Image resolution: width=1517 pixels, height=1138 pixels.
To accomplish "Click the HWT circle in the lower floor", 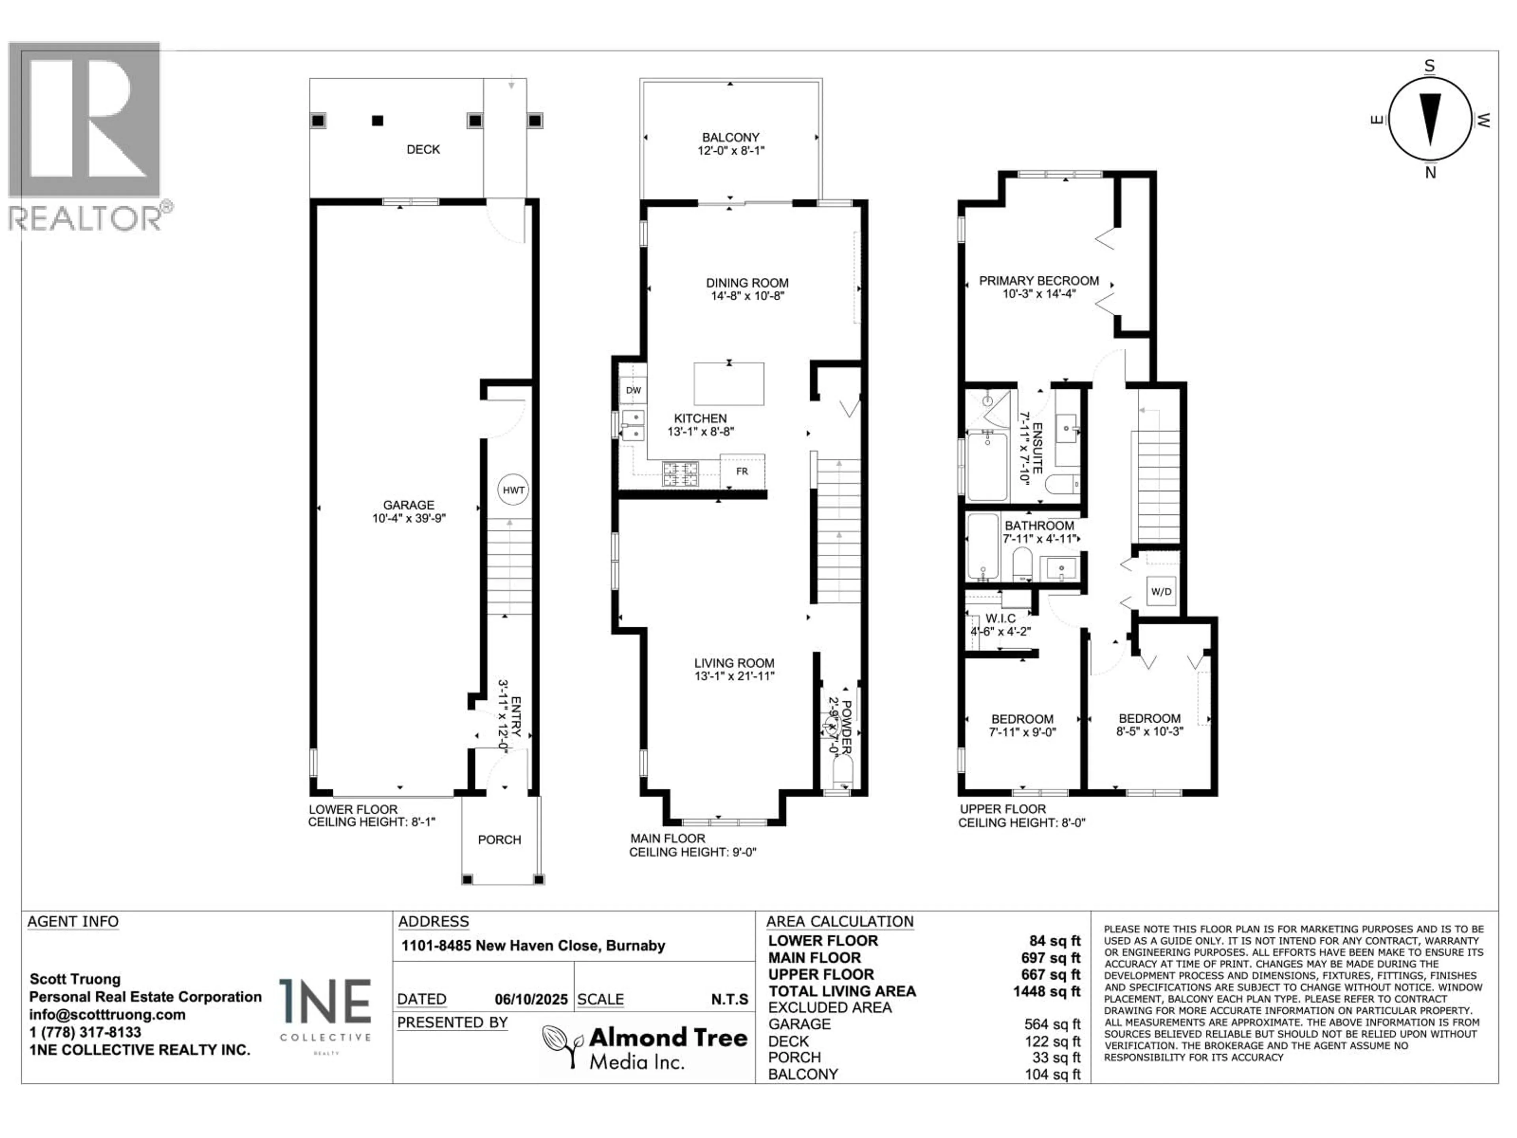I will tap(513, 490).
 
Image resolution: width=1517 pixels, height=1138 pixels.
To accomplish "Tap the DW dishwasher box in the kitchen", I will tap(633, 390).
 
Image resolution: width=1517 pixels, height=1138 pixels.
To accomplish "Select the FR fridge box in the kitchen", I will tap(742, 471).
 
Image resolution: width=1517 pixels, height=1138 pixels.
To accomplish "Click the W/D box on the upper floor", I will tap(1161, 591).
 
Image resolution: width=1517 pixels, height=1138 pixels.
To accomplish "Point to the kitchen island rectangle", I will tap(728, 384).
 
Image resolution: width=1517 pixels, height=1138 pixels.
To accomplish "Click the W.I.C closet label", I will tap(1001, 618).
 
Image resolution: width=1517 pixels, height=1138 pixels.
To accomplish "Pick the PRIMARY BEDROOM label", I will tap(1038, 281).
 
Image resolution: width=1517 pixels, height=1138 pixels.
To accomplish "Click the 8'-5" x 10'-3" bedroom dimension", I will tap(1150, 731).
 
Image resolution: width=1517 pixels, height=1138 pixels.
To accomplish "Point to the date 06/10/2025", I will tap(531, 999).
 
